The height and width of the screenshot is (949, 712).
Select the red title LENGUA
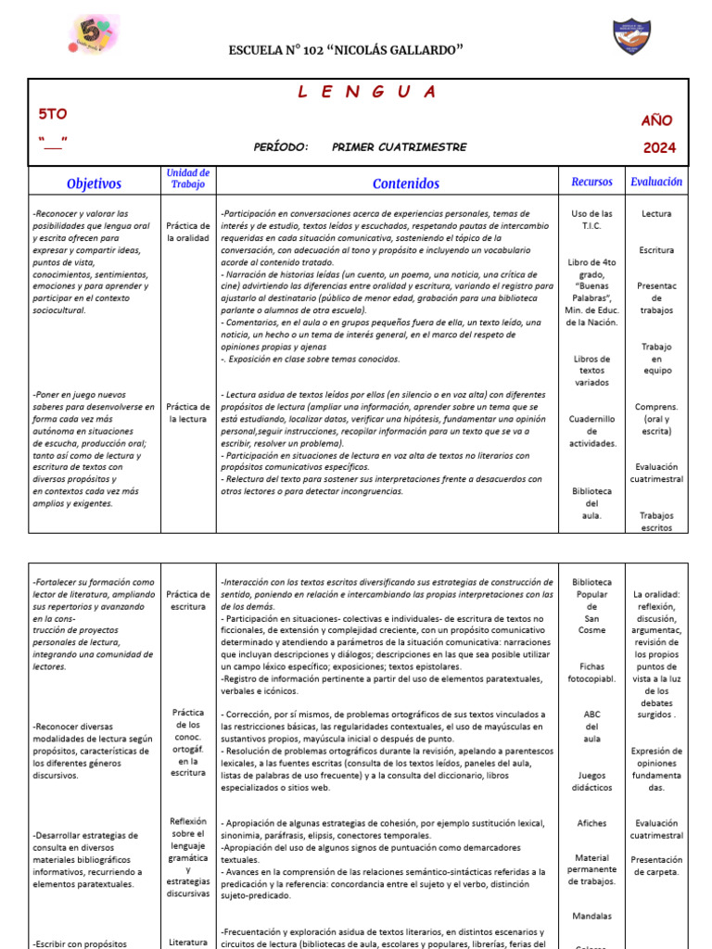click(x=367, y=92)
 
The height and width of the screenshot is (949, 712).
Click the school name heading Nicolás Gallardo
click(x=346, y=48)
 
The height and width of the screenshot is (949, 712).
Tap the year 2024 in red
click(x=659, y=147)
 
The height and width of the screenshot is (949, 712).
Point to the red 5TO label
click(x=52, y=114)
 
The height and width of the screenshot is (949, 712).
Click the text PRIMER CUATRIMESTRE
click(x=399, y=147)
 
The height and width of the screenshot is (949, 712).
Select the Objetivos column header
click(x=94, y=183)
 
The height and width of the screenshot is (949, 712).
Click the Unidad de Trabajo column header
click(x=187, y=179)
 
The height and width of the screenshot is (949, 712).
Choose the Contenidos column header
click(x=406, y=183)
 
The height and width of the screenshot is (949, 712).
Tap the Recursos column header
click(x=591, y=183)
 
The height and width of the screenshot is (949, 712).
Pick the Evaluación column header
click(x=656, y=182)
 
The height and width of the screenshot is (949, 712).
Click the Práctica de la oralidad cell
click(x=187, y=232)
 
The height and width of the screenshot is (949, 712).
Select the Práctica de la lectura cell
click(x=187, y=412)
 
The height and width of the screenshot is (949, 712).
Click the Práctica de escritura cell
click(x=187, y=600)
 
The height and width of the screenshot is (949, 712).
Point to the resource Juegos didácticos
click(x=592, y=780)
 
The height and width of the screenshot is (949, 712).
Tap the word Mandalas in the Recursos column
click(x=592, y=916)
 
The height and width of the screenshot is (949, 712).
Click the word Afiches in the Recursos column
click(x=592, y=823)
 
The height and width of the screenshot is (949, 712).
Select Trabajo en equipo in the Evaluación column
click(x=656, y=359)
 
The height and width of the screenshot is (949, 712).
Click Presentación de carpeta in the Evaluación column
click(x=656, y=866)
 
